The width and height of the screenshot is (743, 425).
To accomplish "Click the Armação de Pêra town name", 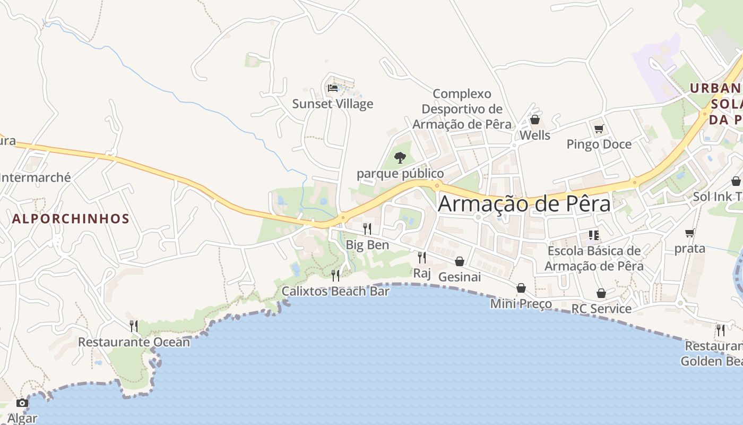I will tap(524, 204).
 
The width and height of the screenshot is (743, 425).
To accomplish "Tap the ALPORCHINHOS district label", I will tap(71, 219).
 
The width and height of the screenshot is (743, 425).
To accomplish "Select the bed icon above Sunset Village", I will tap(333, 88).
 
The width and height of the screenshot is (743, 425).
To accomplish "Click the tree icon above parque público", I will tap(400, 158).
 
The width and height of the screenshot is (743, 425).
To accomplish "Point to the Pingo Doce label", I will tap(599, 144).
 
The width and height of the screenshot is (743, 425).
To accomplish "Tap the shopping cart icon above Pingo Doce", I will tap(599, 129).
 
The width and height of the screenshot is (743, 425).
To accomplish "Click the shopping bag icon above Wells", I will tap(535, 120).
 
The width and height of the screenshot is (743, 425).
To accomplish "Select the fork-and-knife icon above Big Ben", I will tap(367, 229).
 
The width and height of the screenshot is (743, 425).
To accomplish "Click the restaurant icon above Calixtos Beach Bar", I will tap(335, 275).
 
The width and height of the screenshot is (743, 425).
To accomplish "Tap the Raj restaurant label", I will tap(422, 274).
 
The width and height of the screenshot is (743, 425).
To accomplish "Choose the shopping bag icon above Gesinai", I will tap(460, 261).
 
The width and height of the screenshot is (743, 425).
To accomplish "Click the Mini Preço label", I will tap(521, 304).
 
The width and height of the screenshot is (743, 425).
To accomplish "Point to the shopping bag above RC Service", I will tap(601, 293).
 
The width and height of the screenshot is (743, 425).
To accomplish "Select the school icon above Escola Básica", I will tap(594, 235).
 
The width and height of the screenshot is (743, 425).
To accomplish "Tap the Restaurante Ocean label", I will tap(134, 342).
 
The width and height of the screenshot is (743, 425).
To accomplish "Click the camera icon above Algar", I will tap(22, 403).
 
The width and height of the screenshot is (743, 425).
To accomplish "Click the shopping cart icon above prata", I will tap(690, 233).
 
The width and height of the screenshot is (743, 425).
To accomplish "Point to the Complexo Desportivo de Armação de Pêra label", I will tap(462, 109).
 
